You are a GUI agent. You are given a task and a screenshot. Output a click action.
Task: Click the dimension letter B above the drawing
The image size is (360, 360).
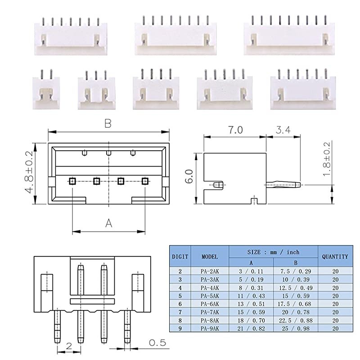point(108,124)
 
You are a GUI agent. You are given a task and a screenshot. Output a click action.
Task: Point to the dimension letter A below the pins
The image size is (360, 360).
point(108,223)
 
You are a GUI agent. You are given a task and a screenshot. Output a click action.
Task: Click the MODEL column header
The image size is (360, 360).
point(210,256)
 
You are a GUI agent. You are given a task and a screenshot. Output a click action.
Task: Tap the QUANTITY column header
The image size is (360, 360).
point(335,256)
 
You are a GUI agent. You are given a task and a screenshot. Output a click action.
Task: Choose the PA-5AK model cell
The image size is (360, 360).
point(210,296)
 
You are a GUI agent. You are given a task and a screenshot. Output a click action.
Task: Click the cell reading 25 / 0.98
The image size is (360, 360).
point(296,329)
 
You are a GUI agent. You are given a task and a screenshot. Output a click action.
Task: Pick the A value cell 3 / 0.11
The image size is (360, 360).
point(251,271)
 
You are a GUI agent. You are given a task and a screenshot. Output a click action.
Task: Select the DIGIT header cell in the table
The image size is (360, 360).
point(180,256)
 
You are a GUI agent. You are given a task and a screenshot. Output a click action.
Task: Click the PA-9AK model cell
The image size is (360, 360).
point(210,329)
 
